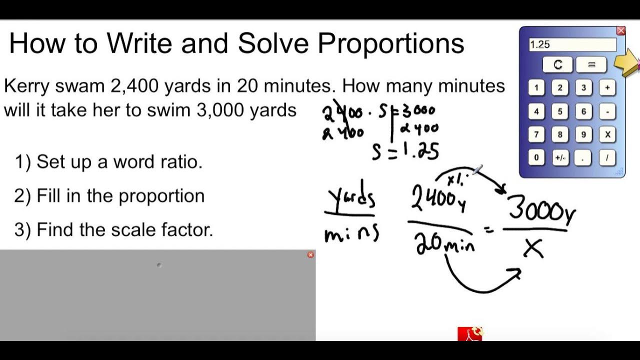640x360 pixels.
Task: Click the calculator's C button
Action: coord(558,64)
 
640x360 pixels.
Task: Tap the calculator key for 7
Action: coord(536,134)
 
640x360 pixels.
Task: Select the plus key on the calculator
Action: coord(607,88)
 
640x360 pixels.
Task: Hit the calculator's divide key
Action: coord(607,158)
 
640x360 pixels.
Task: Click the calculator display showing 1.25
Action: coord(572,44)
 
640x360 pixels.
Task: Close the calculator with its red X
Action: coord(621,31)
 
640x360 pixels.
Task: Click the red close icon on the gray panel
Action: coord(310,255)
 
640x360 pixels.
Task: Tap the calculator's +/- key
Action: coord(560,158)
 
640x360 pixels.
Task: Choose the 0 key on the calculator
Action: coord(536,158)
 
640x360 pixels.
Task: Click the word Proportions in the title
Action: coord(391,44)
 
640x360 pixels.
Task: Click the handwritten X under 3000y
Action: coord(533,247)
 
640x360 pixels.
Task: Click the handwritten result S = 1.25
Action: coord(405,150)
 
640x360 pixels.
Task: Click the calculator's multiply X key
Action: coord(607,134)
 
